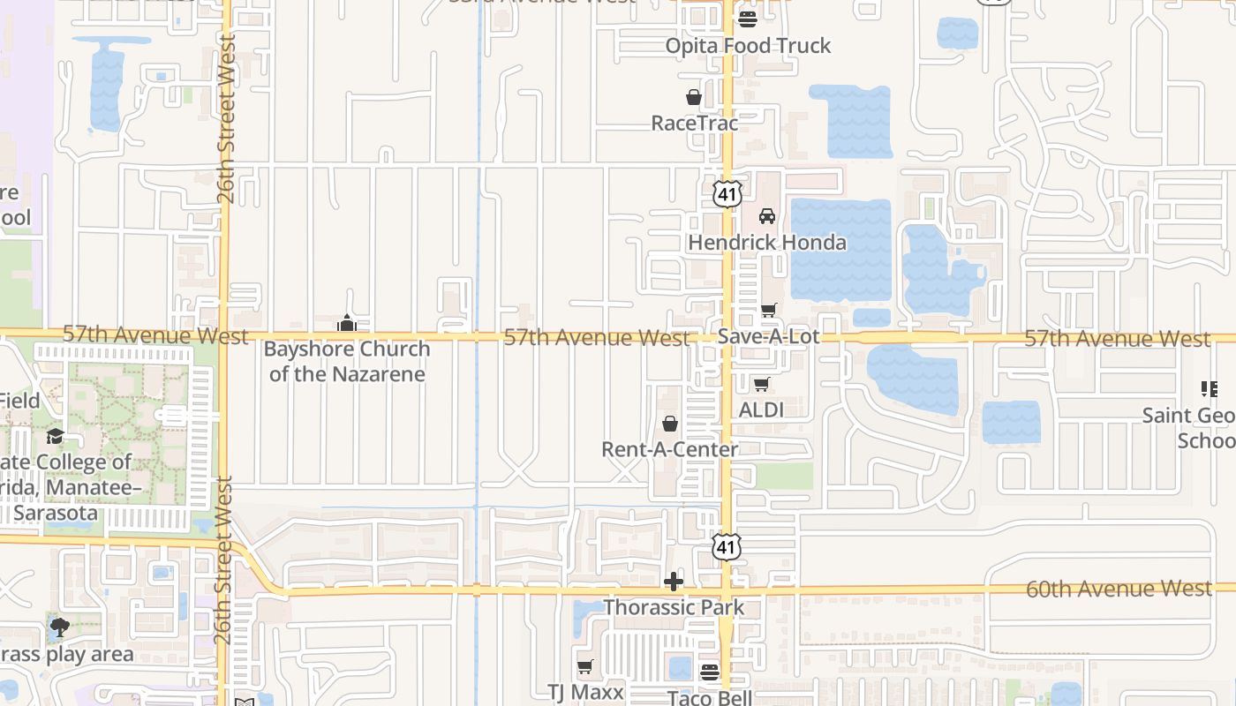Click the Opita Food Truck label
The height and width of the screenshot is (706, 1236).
(x=748, y=46)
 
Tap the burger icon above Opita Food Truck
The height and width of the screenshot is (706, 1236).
(x=748, y=19)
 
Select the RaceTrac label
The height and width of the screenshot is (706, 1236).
(x=694, y=124)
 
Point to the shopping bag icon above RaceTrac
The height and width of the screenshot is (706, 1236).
(x=694, y=97)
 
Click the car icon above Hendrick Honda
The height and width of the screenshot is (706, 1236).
(x=767, y=216)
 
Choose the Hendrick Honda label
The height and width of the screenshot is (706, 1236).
(x=767, y=243)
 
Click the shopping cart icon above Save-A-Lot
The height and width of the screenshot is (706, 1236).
(x=768, y=310)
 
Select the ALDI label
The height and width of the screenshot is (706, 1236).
(x=761, y=409)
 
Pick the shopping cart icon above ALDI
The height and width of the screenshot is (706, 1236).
(x=761, y=384)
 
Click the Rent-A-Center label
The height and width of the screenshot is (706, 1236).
(x=669, y=449)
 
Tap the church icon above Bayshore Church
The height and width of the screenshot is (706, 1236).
(x=347, y=324)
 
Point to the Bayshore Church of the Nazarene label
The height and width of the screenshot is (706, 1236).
(x=347, y=361)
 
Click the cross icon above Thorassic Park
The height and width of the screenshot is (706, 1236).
(x=674, y=582)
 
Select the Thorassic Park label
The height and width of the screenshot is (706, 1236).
(x=674, y=608)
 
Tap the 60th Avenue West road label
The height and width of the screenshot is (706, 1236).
(x=1119, y=589)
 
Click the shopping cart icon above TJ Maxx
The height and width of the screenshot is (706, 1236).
(x=584, y=666)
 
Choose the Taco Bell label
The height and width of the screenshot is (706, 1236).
(x=710, y=698)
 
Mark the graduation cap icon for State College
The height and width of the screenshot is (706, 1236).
(x=55, y=436)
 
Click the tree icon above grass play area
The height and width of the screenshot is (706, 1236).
(x=60, y=628)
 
